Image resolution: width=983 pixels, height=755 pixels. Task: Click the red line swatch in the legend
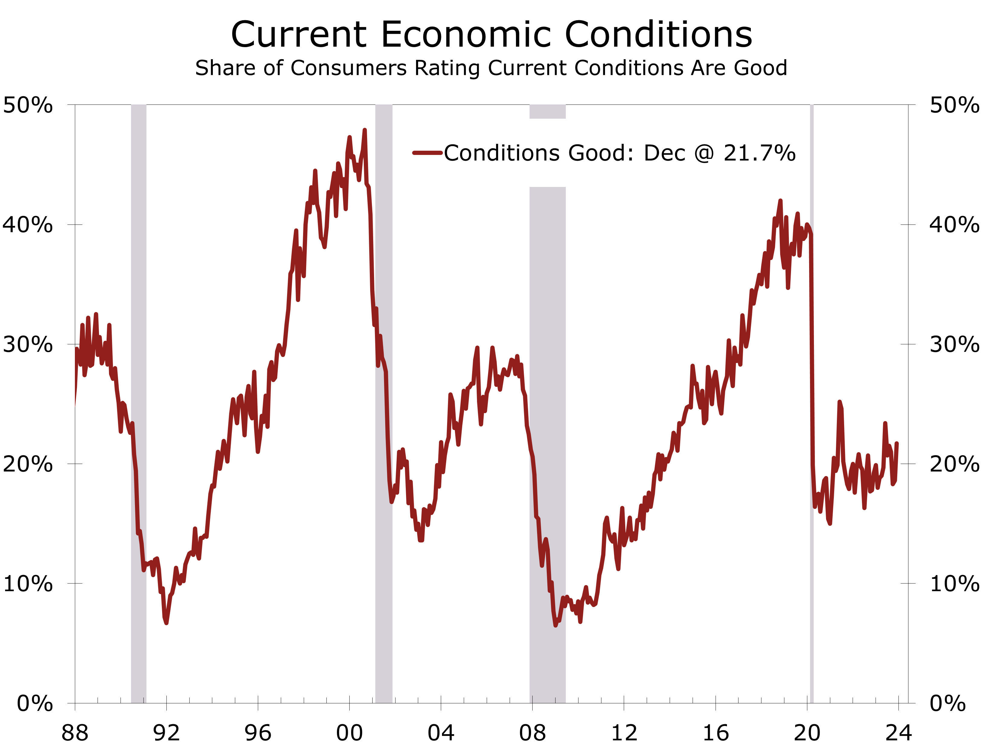point(427,153)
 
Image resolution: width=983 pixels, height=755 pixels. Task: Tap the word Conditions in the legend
point(502,153)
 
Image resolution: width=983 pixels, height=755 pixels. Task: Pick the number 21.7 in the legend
point(748,153)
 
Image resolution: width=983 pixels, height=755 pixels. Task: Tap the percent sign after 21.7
point(785,153)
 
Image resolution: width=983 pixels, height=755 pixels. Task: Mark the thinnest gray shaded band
point(812,404)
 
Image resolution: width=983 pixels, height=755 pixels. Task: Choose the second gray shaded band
point(384,404)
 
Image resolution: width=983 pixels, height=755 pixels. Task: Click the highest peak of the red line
point(364,130)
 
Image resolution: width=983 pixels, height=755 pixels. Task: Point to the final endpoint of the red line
point(897,444)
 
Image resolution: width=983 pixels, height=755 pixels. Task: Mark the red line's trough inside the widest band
point(556,625)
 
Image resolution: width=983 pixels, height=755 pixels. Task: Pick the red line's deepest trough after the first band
point(166,622)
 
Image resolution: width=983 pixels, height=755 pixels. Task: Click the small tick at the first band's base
point(144,700)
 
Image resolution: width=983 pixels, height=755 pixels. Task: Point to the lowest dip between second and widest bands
point(421,540)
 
